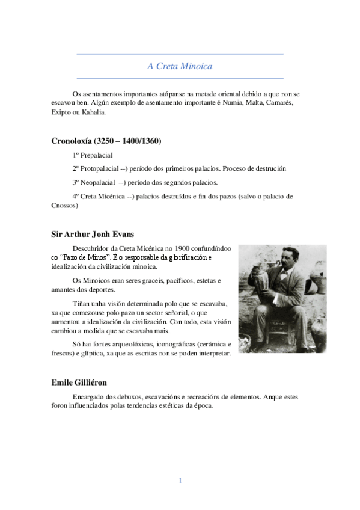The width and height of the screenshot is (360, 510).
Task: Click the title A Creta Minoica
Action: coord(180,66)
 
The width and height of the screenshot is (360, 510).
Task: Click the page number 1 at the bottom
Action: coord(180,480)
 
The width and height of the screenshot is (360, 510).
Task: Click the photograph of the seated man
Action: coord(282,298)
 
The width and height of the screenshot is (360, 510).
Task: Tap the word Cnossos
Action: coord(64,205)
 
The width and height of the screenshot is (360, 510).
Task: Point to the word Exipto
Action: coord(62,112)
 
